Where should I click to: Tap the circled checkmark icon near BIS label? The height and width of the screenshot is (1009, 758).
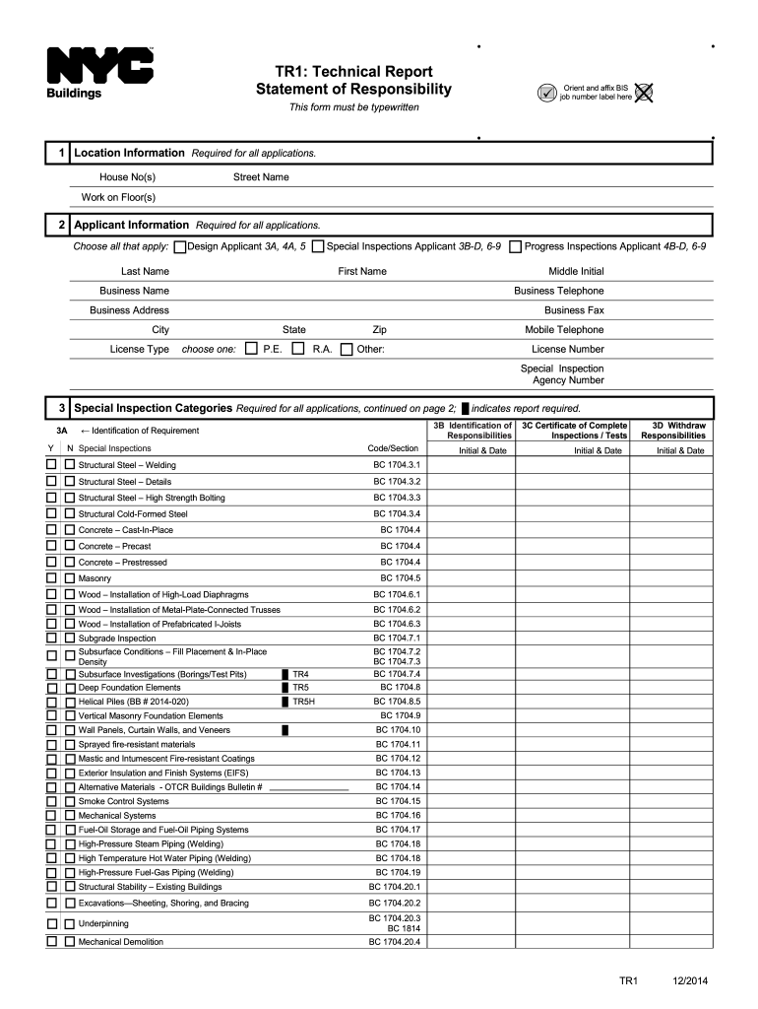547,93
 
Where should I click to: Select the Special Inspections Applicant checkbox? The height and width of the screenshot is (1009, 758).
317,246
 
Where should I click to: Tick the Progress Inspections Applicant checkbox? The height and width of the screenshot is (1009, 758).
515,246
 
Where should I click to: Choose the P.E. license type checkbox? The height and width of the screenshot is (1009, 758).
251,349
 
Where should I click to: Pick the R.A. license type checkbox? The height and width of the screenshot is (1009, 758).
298,349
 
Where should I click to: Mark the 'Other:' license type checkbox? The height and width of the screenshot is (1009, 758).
346,349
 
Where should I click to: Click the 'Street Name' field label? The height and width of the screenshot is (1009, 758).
261,177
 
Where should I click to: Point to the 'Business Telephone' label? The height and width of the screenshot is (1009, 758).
558,291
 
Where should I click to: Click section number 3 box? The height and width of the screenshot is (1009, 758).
61,407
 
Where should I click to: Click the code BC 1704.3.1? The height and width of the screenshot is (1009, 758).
396,464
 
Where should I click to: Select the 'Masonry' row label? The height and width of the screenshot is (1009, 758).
95,578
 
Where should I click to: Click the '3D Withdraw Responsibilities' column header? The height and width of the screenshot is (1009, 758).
672,431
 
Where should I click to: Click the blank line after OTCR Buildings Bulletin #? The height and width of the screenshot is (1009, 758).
308,787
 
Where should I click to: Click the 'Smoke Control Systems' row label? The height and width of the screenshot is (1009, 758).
124,801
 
